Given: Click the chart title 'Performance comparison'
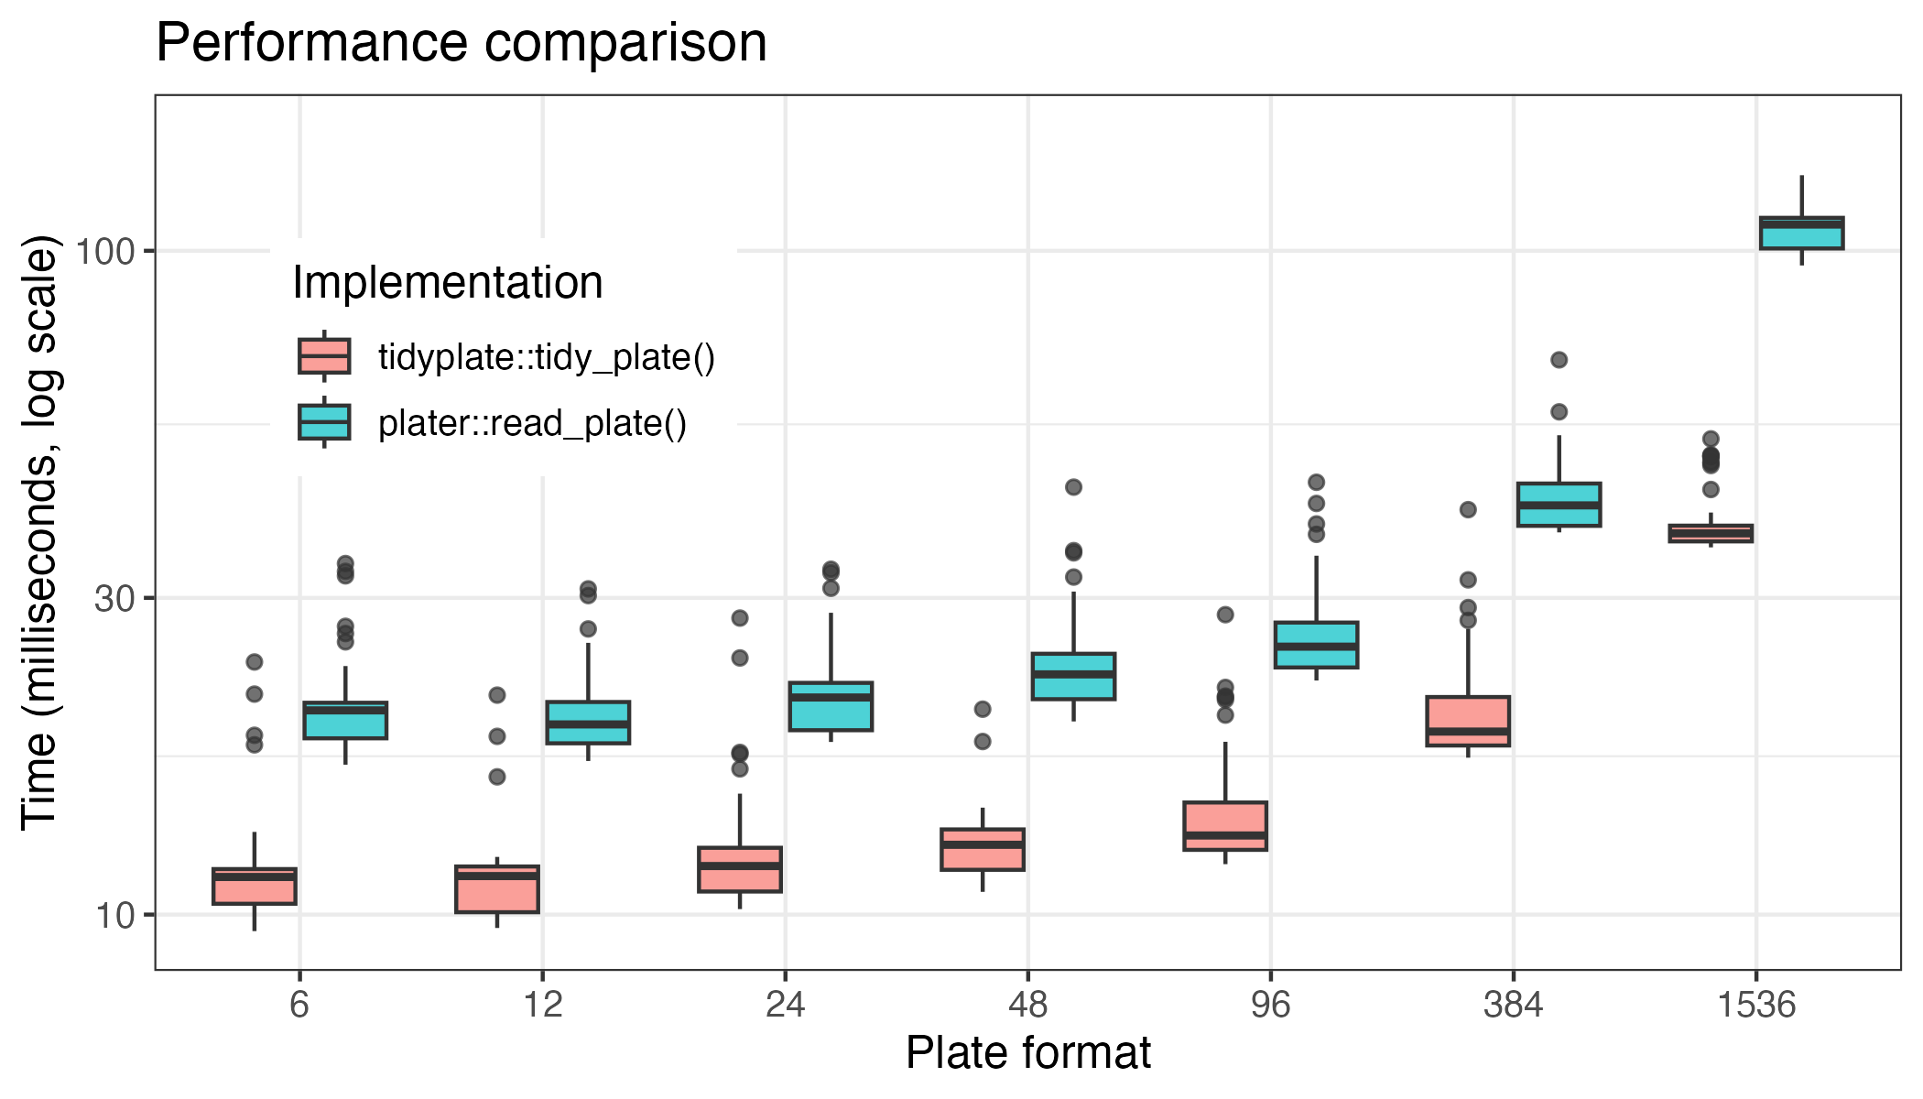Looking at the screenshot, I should click(462, 42).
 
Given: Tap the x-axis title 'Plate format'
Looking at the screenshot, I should click(1027, 1052).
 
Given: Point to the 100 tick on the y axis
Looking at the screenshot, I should click(104, 251).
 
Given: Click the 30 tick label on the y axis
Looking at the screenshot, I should click(114, 599).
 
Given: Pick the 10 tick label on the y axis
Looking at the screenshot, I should click(114, 915).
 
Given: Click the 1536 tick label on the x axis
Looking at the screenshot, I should click(1755, 1006).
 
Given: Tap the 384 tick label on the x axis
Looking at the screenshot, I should click(1513, 1006).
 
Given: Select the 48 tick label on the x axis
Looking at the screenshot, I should click(1027, 1006).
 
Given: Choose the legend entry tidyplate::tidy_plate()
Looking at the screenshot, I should click(546, 357).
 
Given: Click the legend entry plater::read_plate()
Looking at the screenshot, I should click(532, 423).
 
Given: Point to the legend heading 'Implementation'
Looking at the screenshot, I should click(448, 282).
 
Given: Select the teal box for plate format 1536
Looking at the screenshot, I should click(1801, 234).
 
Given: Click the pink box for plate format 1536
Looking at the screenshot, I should click(1711, 534).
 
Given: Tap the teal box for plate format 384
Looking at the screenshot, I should click(1559, 505).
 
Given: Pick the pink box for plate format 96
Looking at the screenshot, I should click(1225, 826).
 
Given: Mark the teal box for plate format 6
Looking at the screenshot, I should click(345, 721).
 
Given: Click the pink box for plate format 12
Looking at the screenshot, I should click(497, 889).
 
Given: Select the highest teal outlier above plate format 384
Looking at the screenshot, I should click(1559, 360).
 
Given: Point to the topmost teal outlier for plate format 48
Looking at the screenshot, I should click(1073, 487).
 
